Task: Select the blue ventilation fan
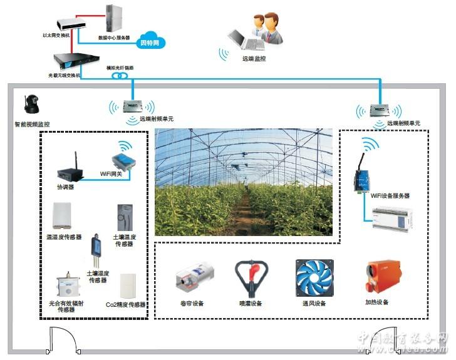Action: pos(314,278)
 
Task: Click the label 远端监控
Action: pos(254,58)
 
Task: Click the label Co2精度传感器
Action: pos(125,304)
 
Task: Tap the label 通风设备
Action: pos(313,303)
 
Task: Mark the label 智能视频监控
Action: pos(32,124)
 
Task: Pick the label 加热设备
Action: pos(377,303)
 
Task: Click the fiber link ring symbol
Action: pos(119,76)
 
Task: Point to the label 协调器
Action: pos(66,187)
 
